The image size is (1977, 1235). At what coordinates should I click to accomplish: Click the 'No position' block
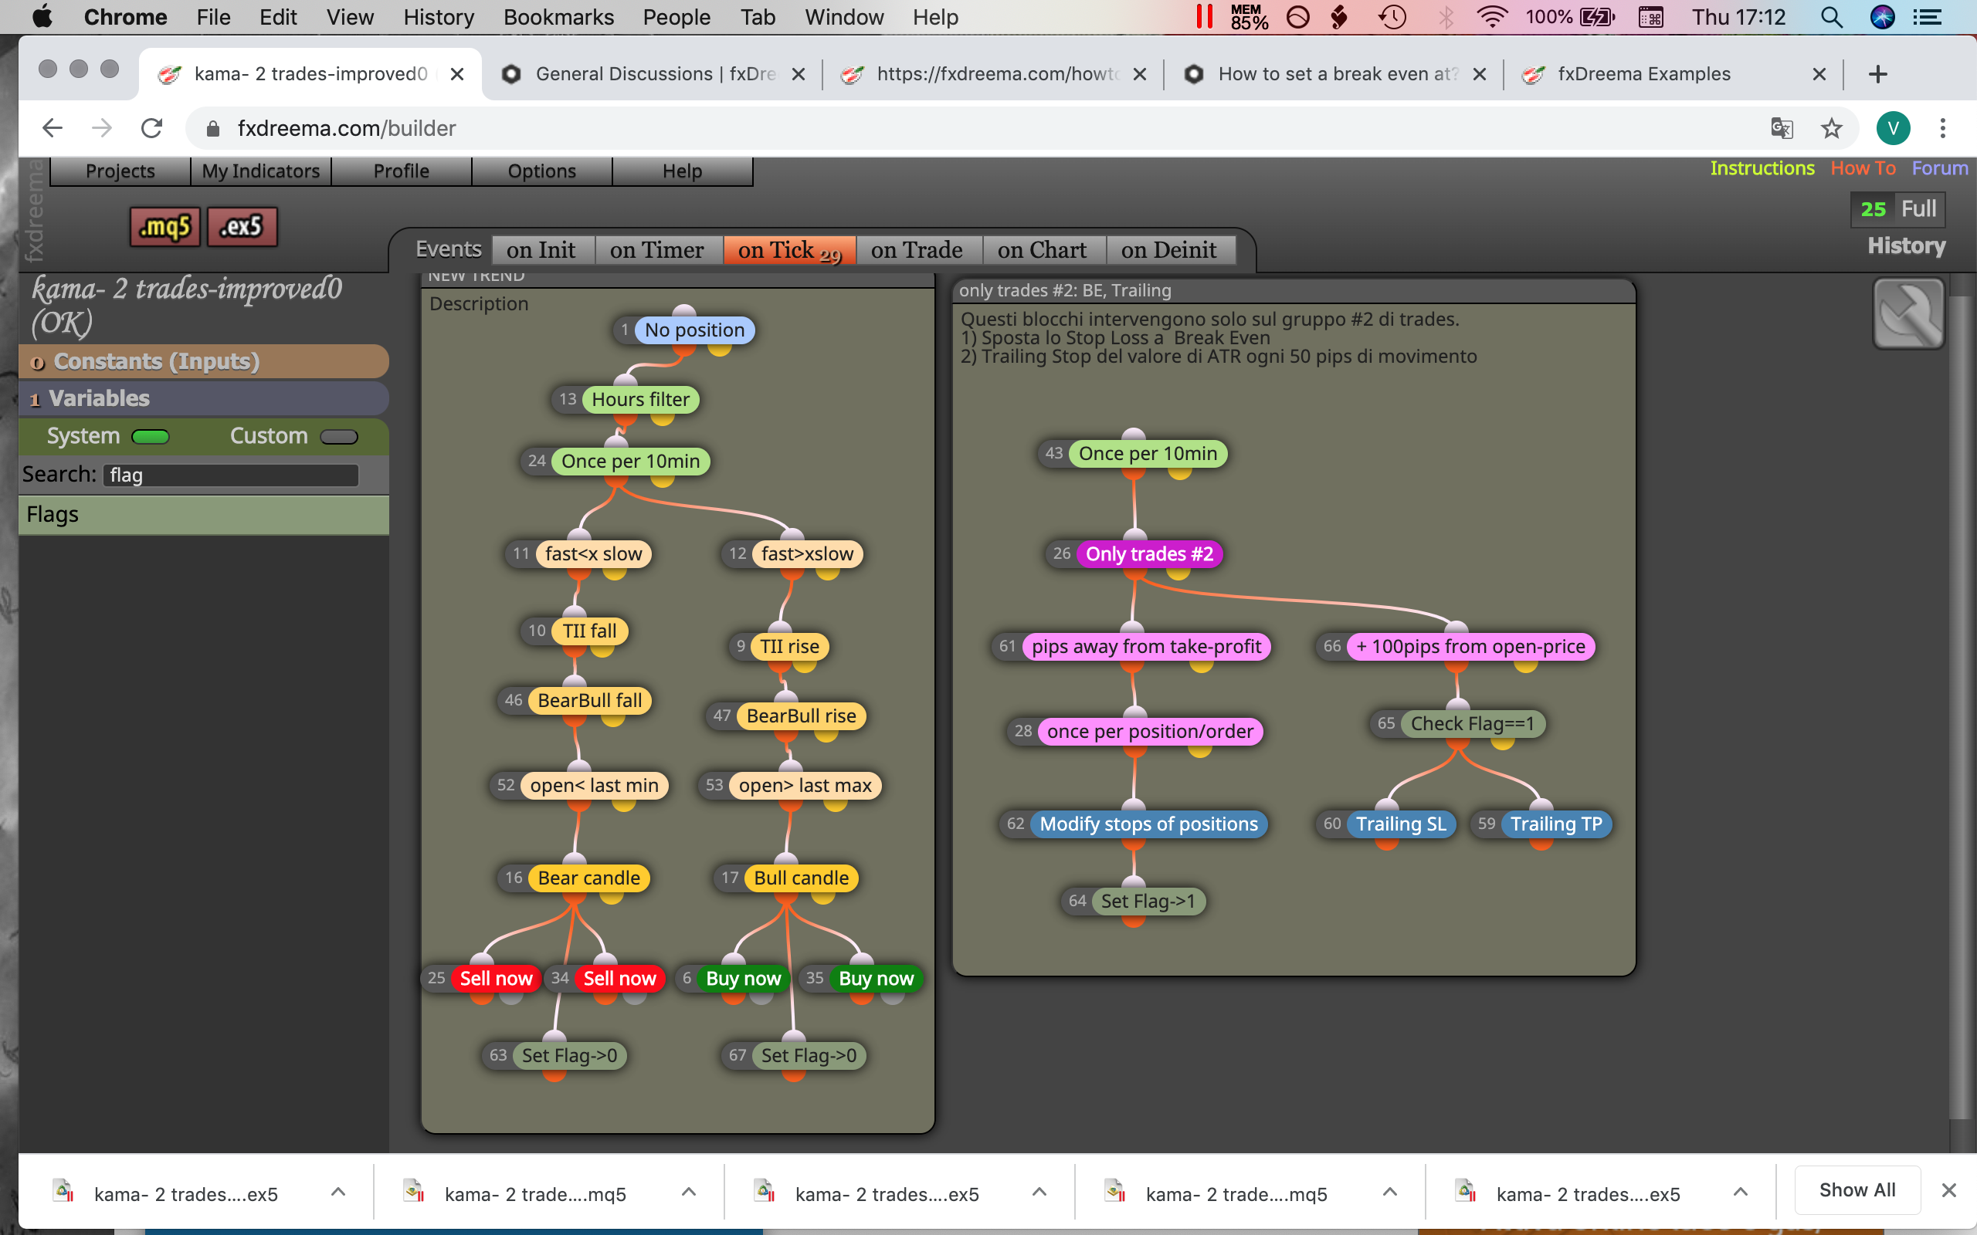[694, 330]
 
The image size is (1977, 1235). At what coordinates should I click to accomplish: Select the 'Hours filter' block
[640, 399]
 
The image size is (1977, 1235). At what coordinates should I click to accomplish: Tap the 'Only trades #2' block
[1148, 553]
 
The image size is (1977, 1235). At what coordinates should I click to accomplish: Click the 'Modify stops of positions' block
[1148, 824]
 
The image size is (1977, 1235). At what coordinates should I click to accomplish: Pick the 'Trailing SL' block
[1401, 824]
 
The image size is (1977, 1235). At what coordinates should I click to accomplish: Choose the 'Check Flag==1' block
[1472, 724]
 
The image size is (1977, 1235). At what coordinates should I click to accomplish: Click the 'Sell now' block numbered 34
[619, 979]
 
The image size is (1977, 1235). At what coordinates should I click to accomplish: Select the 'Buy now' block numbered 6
[743, 979]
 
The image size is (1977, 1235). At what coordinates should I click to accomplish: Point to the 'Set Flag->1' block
[1148, 901]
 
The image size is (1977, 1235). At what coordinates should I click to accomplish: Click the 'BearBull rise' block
[801, 716]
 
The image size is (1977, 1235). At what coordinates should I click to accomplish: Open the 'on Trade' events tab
[917, 250]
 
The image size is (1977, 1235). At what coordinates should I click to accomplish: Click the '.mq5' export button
[165, 226]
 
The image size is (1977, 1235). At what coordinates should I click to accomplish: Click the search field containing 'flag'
[231, 475]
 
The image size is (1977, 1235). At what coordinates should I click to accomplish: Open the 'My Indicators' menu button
[260, 171]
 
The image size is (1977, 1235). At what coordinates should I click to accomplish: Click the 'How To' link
[1863, 168]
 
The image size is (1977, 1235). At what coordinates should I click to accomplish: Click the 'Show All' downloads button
[1857, 1190]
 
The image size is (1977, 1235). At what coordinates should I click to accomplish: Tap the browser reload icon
[152, 128]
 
